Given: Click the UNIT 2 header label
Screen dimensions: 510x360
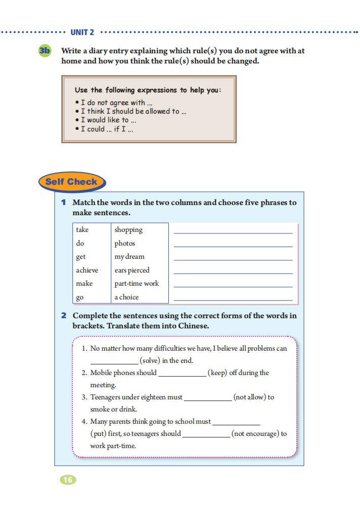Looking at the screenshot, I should [82, 32].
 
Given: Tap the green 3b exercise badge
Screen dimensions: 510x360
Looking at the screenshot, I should [45, 51].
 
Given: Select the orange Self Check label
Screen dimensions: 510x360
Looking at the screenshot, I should [71, 182].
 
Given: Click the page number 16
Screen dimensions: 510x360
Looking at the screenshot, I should [68, 480].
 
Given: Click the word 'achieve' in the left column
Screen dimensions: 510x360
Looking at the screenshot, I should [87, 270].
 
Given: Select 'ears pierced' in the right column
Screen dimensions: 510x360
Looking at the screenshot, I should [132, 270].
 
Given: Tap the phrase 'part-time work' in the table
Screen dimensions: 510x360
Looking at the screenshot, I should [136, 284].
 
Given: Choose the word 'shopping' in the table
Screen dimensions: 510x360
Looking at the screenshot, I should [128, 230].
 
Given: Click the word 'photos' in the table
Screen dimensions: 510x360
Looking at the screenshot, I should [125, 244].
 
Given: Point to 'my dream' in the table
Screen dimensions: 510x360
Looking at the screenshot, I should [129, 257].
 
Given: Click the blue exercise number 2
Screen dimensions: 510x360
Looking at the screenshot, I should [64, 316].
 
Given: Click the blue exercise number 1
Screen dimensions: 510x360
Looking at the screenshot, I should [64, 202].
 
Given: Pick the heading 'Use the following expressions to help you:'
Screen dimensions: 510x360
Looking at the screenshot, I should [148, 90].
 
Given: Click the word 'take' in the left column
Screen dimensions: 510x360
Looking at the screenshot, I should [82, 230].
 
